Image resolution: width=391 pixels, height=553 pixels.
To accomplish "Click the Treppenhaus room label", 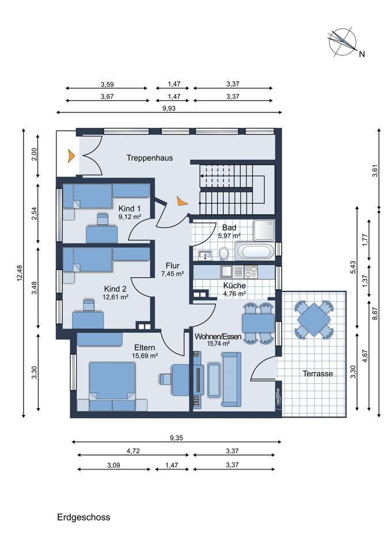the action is click(150, 158).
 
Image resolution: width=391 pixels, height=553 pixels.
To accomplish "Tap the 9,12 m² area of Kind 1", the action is click(130, 217).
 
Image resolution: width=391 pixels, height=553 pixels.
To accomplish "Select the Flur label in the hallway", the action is click(172, 266).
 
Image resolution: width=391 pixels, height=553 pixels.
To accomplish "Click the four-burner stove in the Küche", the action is click(251, 271).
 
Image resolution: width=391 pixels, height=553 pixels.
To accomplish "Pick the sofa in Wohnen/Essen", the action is click(231, 380).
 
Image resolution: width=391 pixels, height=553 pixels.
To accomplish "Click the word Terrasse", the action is click(318, 373).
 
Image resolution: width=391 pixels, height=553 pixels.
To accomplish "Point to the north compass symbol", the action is click(342, 42).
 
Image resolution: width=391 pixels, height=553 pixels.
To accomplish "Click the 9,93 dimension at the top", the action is click(169, 108).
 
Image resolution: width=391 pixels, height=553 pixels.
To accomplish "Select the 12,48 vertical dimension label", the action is click(20, 273).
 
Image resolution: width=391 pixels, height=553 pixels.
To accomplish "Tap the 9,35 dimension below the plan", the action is click(177, 438).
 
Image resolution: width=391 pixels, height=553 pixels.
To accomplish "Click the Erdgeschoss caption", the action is click(83, 517).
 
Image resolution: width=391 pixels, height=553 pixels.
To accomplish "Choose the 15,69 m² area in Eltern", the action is click(145, 356).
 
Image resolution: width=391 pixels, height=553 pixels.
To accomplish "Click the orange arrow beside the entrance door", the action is click(71, 156).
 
